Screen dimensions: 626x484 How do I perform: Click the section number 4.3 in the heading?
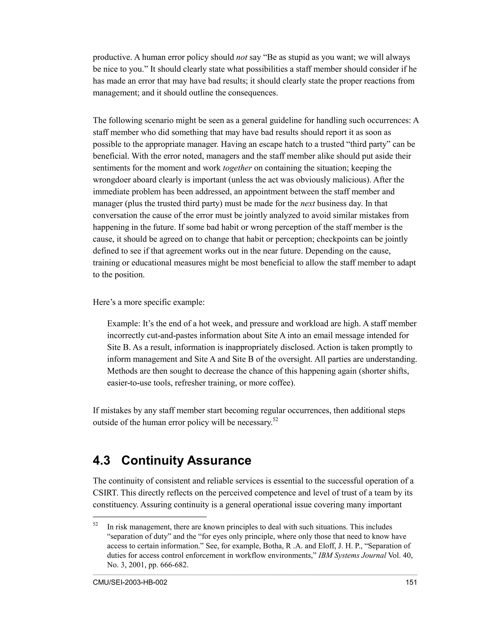(x=101, y=461)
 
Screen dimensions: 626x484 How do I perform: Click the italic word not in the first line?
(x=242, y=57)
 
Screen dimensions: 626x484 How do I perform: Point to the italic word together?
(x=237, y=168)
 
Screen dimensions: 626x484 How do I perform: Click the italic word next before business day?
(x=308, y=203)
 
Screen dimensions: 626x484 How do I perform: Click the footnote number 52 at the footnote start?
(x=95, y=524)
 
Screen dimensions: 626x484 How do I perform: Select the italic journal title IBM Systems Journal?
(x=352, y=555)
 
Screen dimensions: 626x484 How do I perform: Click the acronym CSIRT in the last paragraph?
(x=105, y=493)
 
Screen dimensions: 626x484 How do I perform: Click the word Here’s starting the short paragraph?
(x=104, y=302)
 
